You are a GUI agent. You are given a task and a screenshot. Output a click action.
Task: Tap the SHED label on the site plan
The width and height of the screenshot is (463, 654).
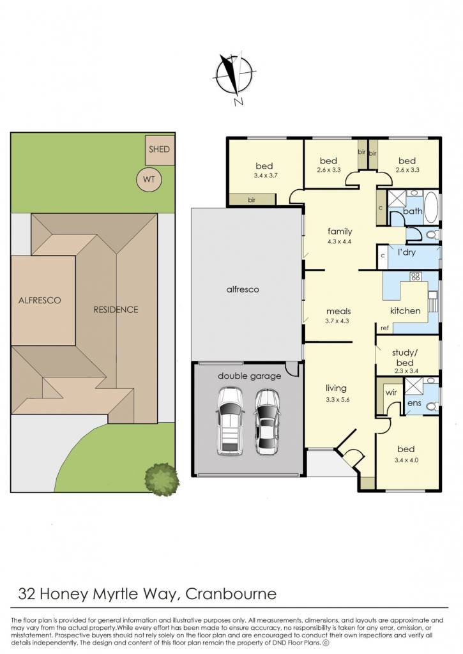[x=160, y=149]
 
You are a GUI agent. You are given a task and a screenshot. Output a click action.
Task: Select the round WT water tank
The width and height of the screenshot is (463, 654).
[x=149, y=179]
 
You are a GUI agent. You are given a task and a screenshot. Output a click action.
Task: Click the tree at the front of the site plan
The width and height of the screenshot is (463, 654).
[x=162, y=479]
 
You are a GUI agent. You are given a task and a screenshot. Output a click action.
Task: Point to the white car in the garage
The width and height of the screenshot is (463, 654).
[x=230, y=422]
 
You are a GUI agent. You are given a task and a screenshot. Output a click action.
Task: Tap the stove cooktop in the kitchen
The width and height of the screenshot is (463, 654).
[x=415, y=277]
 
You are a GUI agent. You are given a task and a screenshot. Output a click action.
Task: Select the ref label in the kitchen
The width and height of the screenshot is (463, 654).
[x=384, y=328]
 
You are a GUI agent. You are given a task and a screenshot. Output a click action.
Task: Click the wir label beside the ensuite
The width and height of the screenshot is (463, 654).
[x=391, y=393]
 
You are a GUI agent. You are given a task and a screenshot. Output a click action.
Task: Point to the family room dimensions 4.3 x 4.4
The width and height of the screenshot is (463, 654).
[x=340, y=241]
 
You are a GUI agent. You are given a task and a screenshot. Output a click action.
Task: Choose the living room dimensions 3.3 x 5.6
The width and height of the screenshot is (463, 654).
[x=337, y=399]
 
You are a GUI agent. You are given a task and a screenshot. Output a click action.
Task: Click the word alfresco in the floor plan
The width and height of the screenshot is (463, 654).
[x=242, y=289]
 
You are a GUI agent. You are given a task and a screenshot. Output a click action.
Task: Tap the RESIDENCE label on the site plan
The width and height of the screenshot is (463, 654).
[x=116, y=310]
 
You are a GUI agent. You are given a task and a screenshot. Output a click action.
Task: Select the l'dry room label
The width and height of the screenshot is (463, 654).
[x=406, y=252]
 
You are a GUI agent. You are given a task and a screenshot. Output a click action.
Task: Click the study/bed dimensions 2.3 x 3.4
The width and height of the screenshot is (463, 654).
[x=406, y=371]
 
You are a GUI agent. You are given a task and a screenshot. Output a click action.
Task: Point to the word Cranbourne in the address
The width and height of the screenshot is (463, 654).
[x=231, y=593]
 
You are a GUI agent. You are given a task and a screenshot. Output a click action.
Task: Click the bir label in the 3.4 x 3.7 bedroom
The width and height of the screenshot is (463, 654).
[x=252, y=200]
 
